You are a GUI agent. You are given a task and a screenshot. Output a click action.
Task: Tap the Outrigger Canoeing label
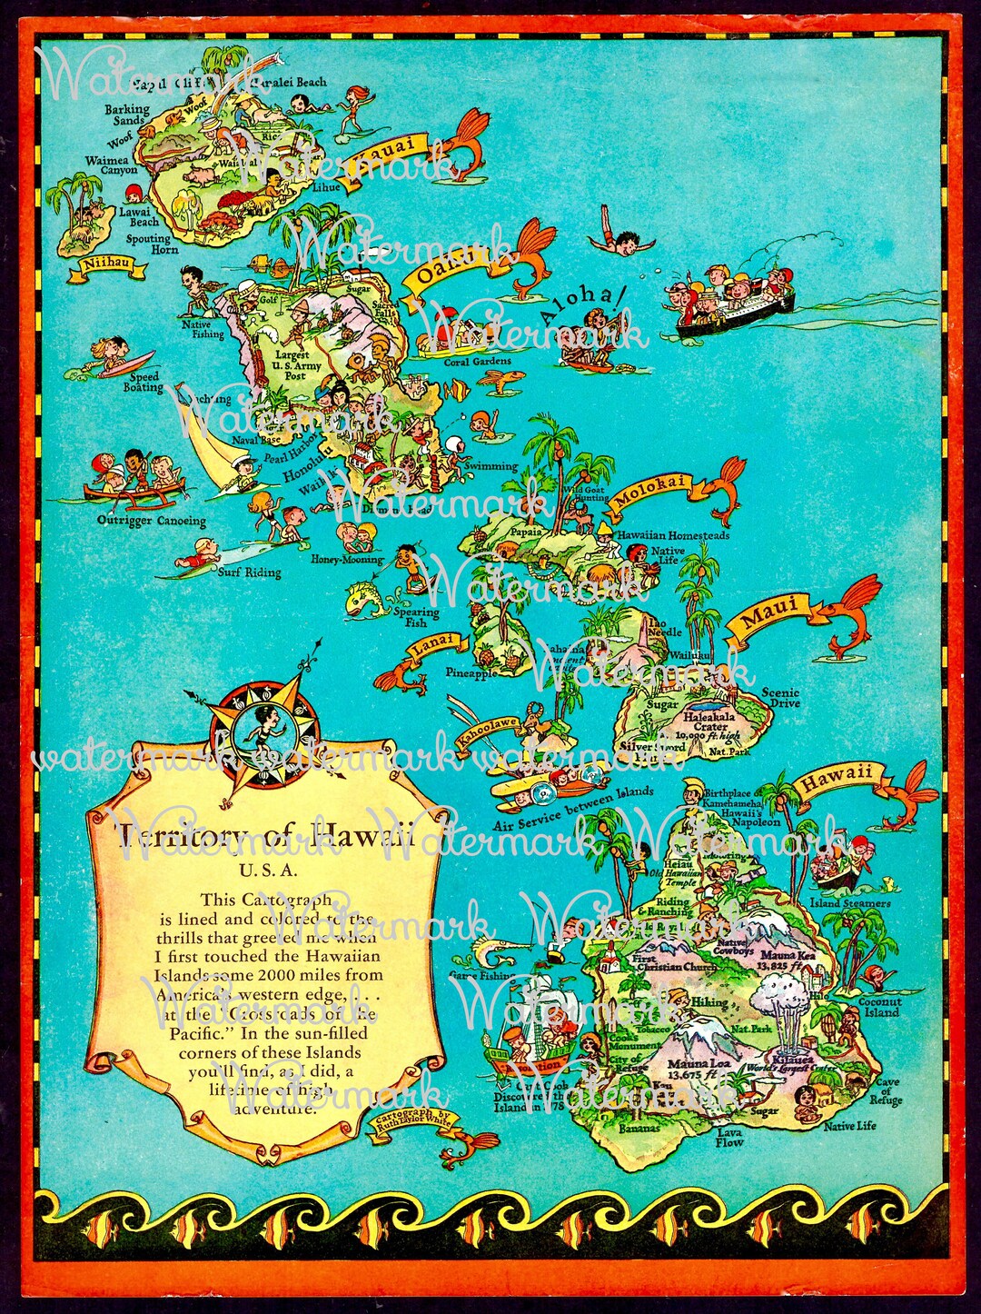[x=152, y=522]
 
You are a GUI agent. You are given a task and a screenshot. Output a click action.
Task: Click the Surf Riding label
[x=249, y=572]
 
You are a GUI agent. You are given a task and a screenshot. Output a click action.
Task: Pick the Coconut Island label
[x=879, y=1007]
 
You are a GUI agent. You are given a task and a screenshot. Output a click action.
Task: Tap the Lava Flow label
[x=729, y=1137]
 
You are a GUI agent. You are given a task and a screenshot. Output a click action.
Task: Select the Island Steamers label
[x=850, y=903]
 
